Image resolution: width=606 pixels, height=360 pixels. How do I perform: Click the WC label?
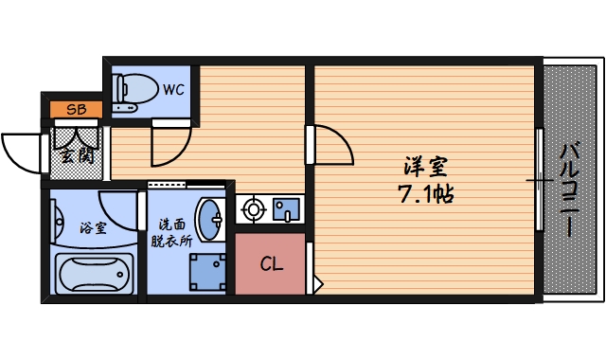click(172, 91)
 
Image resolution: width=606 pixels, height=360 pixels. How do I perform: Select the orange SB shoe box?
click(76, 109)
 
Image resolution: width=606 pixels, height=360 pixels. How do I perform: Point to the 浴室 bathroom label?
click(92, 227)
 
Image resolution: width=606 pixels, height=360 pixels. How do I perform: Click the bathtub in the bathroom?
click(92, 277)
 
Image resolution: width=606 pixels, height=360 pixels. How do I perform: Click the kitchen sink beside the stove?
click(285, 210)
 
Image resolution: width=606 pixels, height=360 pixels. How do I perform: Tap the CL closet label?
click(271, 264)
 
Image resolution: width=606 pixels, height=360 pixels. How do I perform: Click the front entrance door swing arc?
click(21, 152)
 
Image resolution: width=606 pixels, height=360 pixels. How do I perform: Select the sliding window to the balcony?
click(539, 179)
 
